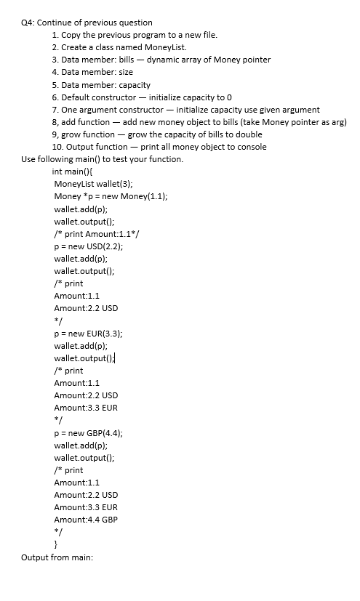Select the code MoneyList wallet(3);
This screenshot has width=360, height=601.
click(x=94, y=184)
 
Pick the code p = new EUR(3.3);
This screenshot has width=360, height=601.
click(x=87, y=334)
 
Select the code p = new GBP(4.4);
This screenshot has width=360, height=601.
click(x=88, y=433)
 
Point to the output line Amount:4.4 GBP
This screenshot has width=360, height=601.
click(x=86, y=520)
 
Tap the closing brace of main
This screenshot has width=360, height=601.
click(x=56, y=545)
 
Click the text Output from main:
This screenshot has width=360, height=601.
click(x=57, y=558)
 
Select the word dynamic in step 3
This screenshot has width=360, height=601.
click(x=162, y=59)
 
